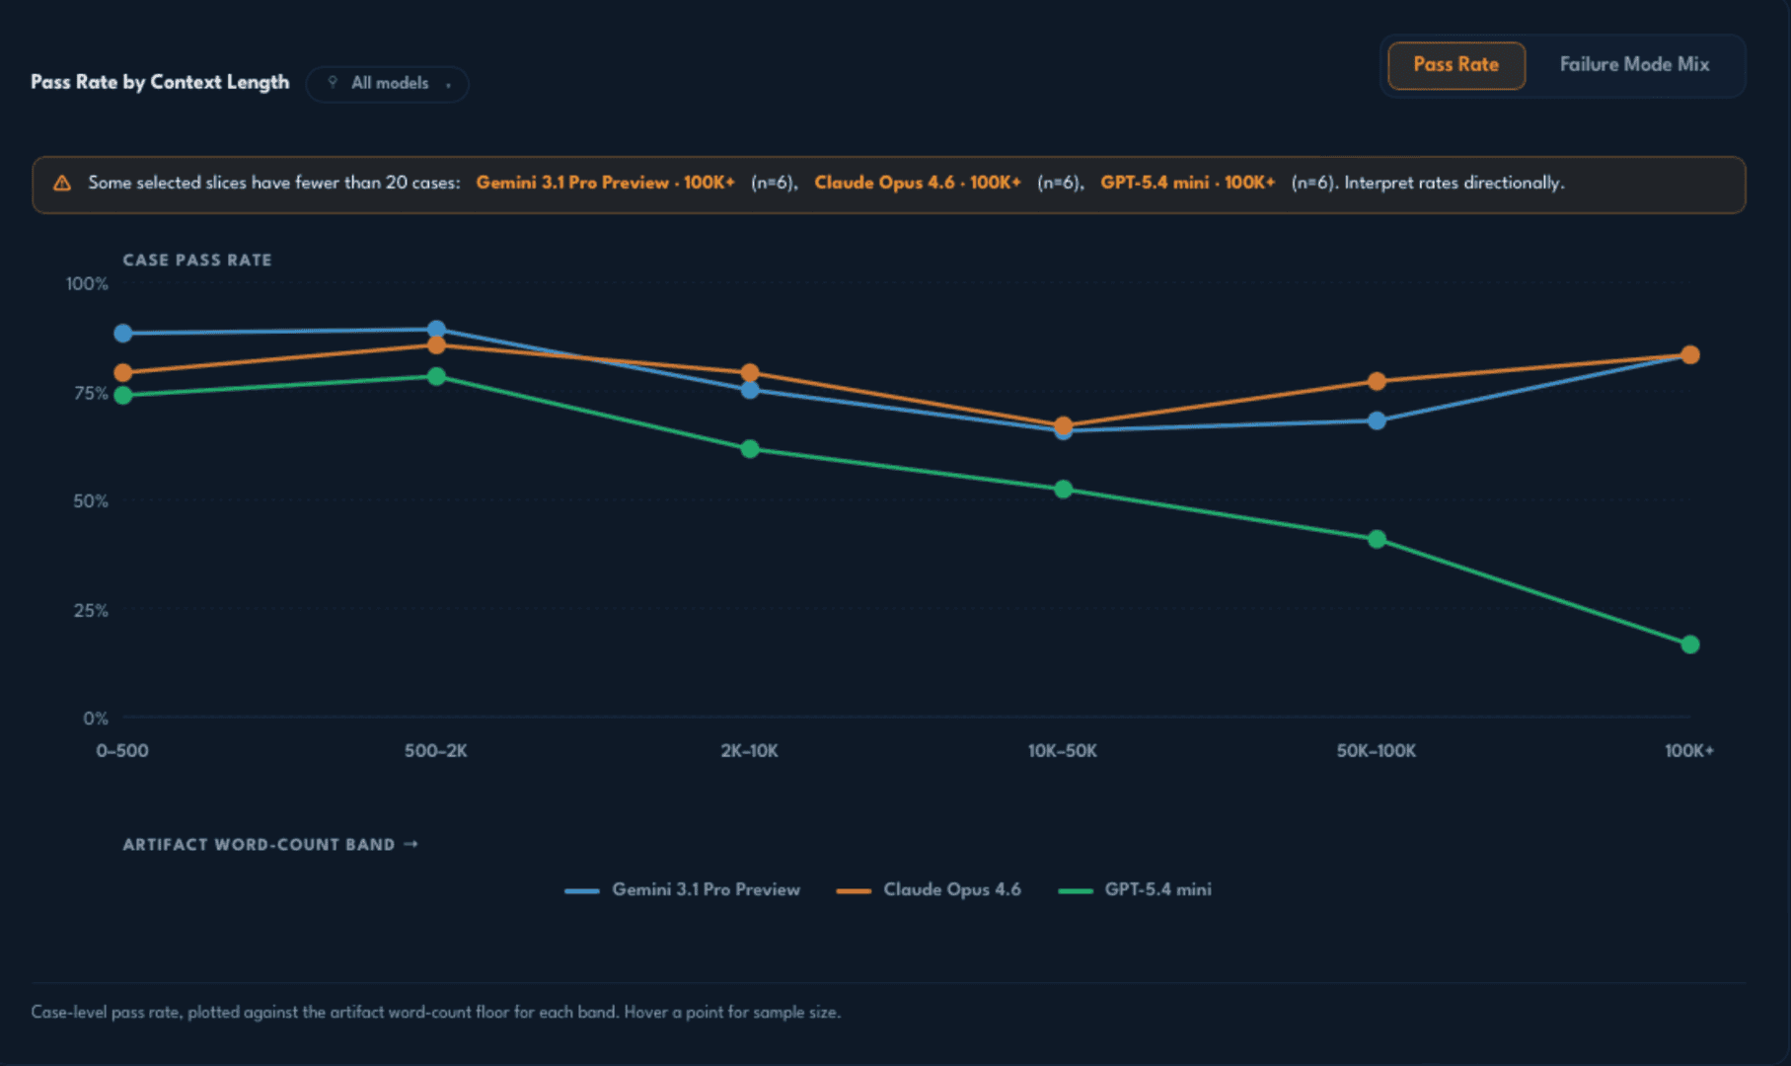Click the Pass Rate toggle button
tap(1455, 65)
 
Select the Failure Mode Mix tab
tap(1634, 65)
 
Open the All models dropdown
tap(388, 84)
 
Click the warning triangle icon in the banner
tap(62, 183)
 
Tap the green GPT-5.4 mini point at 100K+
tap(1689, 645)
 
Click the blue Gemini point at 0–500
tap(123, 334)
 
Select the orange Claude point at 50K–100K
tap(1377, 381)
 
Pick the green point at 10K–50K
tap(1063, 490)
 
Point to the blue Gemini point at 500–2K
tap(436, 330)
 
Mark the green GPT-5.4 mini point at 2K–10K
tap(750, 449)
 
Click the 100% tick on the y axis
tap(87, 284)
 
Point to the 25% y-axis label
tap(91, 611)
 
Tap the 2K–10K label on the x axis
tap(750, 751)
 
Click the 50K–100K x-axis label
tap(1377, 751)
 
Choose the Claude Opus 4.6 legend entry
tap(929, 890)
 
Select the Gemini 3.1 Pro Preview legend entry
tap(683, 890)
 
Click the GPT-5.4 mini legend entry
tap(1135, 890)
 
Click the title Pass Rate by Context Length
tap(160, 83)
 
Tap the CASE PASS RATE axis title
tap(197, 261)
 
